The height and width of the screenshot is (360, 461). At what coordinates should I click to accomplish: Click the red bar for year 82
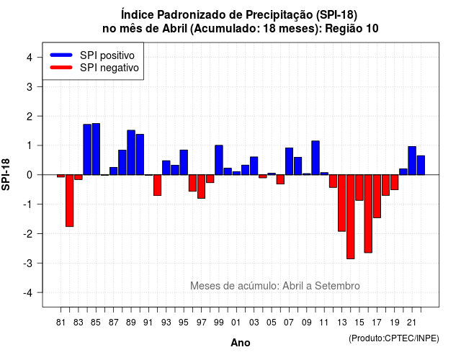pyautogui.click(x=70, y=201)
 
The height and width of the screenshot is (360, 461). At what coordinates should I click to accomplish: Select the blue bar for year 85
pyautogui.click(x=96, y=149)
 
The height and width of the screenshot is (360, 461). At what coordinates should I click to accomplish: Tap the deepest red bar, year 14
pyautogui.click(x=351, y=217)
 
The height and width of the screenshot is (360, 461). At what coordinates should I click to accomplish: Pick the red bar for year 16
pyautogui.click(x=368, y=214)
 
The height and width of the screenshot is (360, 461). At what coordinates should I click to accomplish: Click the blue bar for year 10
pyautogui.click(x=315, y=158)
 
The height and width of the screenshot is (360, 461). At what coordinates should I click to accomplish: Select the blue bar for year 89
pyautogui.click(x=131, y=153)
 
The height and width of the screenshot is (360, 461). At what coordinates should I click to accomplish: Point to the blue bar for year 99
pyautogui.click(x=219, y=160)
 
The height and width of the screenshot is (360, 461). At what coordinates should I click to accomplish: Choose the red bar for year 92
pyautogui.click(x=158, y=185)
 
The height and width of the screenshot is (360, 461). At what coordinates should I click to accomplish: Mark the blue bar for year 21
pyautogui.click(x=412, y=161)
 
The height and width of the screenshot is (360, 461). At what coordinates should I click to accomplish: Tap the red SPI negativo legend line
pyautogui.click(x=61, y=68)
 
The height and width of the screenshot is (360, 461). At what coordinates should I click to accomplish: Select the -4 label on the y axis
pyautogui.click(x=28, y=293)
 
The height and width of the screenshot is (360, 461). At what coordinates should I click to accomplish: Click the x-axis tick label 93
pyautogui.click(x=166, y=323)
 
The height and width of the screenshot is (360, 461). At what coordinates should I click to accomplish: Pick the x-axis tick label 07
pyautogui.click(x=289, y=323)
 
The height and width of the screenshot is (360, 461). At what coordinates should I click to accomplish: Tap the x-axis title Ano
pyautogui.click(x=241, y=343)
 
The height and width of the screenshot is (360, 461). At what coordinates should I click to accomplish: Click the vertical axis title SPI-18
pyautogui.click(x=6, y=174)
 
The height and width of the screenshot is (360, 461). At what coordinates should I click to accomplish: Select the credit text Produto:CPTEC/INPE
pyautogui.click(x=394, y=338)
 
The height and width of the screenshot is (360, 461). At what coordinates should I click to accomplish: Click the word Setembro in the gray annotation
pyautogui.click(x=337, y=286)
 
